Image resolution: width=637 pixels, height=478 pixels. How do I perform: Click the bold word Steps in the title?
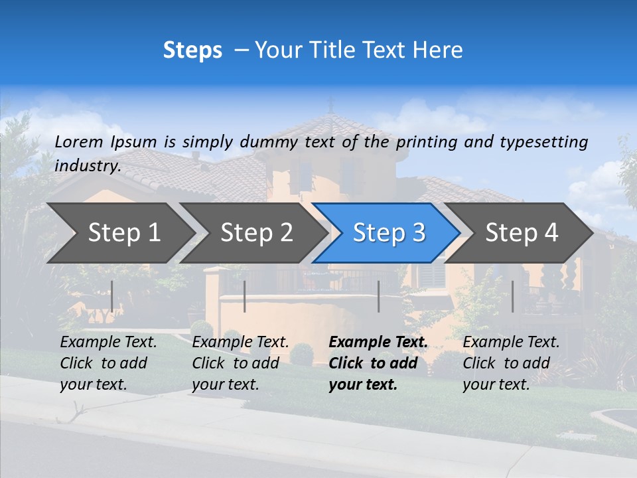click(x=192, y=50)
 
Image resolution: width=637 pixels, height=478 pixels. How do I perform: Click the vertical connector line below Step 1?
click(x=112, y=296)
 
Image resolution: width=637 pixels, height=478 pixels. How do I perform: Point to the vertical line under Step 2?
click(x=245, y=296)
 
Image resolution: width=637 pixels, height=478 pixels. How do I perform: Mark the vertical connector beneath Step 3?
click(x=378, y=296)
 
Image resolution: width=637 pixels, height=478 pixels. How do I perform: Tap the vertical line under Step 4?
click(x=512, y=296)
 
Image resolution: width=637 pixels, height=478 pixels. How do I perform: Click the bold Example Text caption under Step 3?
click(x=377, y=363)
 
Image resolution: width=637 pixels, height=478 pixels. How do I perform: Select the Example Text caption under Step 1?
click(x=107, y=363)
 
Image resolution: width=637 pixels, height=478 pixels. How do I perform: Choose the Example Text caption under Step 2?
click(x=240, y=363)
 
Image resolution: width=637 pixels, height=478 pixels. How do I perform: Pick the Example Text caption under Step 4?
click(x=510, y=363)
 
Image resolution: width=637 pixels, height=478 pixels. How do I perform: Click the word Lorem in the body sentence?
click(x=79, y=141)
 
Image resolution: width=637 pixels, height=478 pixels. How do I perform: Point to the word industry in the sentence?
click(x=87, y=166)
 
